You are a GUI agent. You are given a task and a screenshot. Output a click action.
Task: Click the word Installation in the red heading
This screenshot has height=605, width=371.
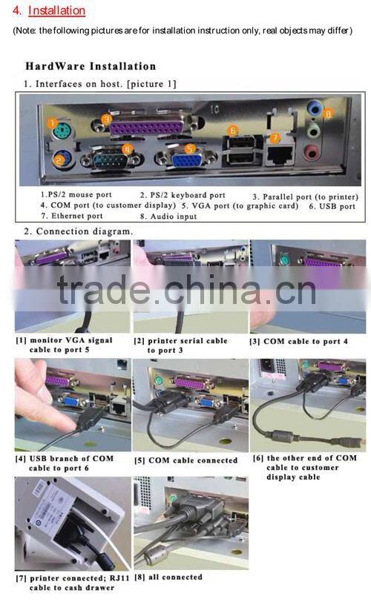click(x=56, y=11)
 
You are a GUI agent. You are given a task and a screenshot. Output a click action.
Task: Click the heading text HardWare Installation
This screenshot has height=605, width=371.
click(x=91, y=66)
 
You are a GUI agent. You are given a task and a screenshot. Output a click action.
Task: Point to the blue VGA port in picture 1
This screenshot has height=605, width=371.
click(x=180, y=158)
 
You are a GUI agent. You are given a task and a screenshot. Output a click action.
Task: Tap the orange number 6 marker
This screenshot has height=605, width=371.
click(x=232, y=130)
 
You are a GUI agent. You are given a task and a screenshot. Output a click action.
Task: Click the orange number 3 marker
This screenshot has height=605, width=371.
click(x=107, y=119)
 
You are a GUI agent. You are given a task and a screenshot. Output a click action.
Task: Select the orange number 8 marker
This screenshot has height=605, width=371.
click(x=327, y=113)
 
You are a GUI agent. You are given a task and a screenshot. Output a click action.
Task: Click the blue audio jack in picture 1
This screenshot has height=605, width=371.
click(x=313, y=110)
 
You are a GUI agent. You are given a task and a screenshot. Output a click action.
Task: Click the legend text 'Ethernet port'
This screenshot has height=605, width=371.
click(x=72, y=216)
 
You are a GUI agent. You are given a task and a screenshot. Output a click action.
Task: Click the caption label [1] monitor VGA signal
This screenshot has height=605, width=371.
click(x=64, y=341)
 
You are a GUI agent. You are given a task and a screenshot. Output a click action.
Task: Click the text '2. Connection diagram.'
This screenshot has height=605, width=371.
click(x=79, y=231)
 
